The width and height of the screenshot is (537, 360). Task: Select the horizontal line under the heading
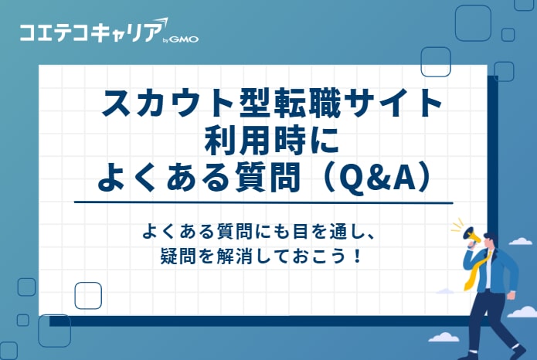[263, 202]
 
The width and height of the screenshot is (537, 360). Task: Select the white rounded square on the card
[88, 295]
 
